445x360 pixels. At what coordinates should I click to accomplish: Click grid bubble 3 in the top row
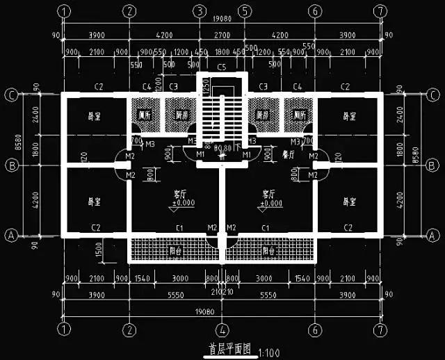click(200, 12)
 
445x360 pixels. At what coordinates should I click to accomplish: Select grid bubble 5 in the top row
click(244, 12)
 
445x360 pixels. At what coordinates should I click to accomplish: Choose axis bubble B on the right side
click(432, 165)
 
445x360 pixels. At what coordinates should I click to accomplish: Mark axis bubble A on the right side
click(432, 236)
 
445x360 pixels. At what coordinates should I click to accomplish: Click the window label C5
click(222, 67)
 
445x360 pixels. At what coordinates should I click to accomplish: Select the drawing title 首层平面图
click(228, 348)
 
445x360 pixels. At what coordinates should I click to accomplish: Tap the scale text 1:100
click(268, 352)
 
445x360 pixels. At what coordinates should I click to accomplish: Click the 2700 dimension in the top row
click(221, 35)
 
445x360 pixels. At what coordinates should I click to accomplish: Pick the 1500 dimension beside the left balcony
click(99, 248)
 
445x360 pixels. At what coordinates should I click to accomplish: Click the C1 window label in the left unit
click(179, 227)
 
